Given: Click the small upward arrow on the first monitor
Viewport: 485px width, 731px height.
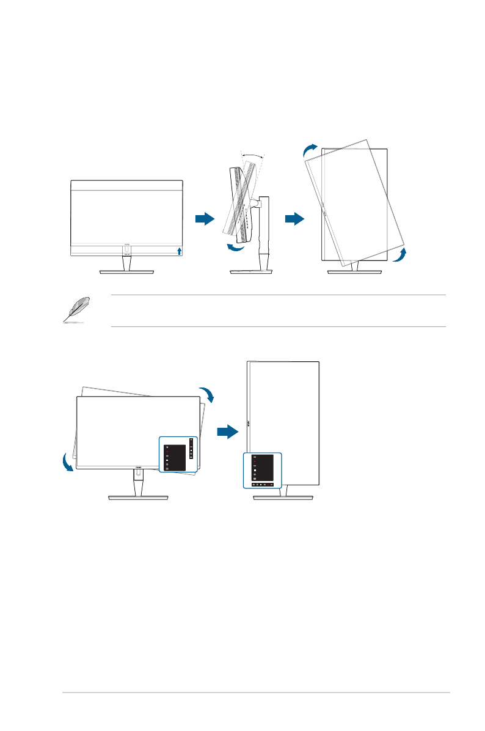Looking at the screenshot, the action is (x=179, y=251).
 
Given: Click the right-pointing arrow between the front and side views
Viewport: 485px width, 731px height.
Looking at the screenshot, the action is (x=205, y=219).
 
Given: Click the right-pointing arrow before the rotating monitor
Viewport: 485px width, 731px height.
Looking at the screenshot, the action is (x=294, y=219).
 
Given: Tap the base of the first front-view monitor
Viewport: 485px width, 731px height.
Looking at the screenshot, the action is (x=127, y=273).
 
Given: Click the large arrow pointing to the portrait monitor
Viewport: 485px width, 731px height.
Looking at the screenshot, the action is (x=227, y=432).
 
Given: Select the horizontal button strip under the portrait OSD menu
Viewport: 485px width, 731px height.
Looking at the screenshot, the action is (x=263, y=483).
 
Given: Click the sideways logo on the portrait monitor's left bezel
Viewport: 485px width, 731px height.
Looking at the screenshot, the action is (x=250, y=422).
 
